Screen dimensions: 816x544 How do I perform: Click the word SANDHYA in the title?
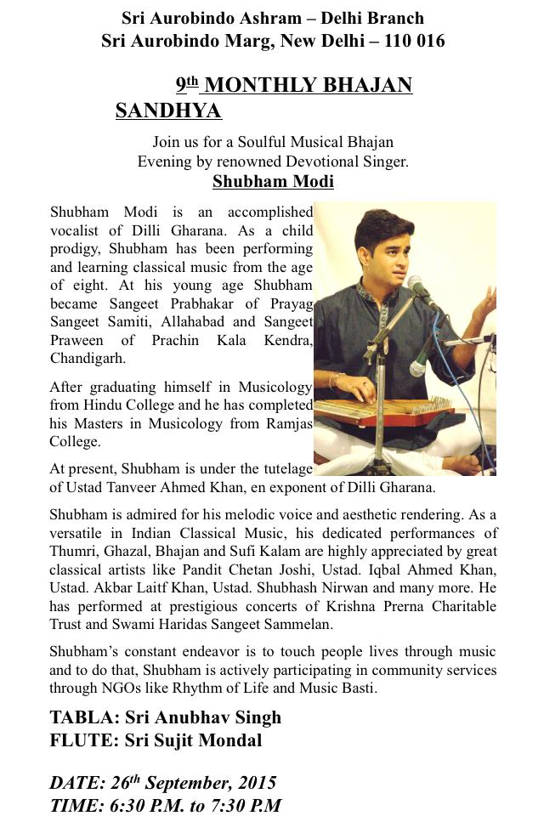(168, 111)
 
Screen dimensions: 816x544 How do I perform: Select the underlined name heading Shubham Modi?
(273, 181)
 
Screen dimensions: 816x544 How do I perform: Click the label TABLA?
(83, 717)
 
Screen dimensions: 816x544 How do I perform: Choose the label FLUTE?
(83, 740)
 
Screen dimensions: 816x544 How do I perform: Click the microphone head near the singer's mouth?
(416, 285)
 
